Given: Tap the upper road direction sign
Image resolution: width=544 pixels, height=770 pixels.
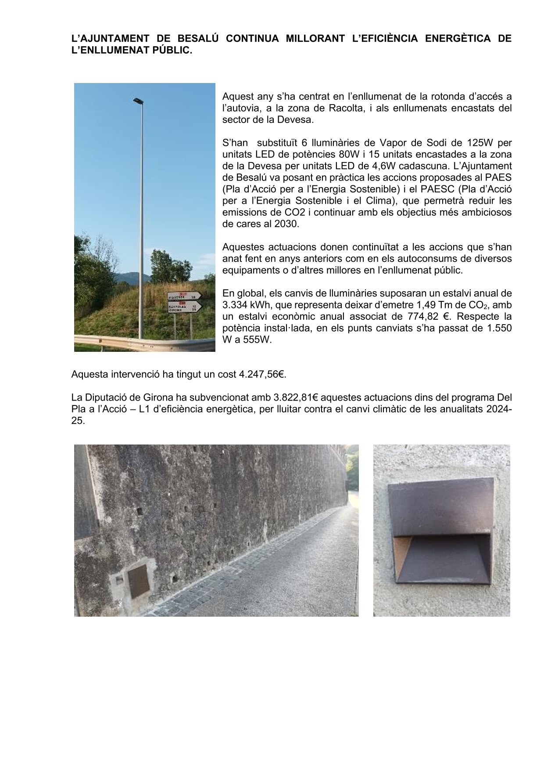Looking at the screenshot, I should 184,296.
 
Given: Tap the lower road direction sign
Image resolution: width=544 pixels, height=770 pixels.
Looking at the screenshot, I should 184,306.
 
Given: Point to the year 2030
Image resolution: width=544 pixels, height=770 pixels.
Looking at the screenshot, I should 287,224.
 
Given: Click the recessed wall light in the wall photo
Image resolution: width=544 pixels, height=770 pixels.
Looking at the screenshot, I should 137,582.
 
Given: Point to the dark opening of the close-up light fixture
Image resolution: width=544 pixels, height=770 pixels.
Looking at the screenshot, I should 443,558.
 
